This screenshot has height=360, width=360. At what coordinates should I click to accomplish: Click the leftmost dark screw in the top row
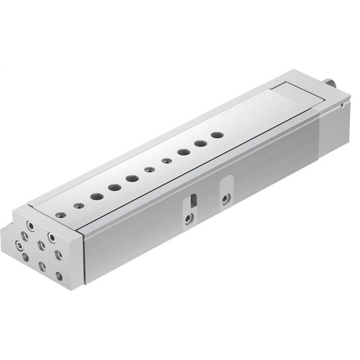point(60,215)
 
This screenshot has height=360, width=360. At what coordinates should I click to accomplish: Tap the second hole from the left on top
point(79,206)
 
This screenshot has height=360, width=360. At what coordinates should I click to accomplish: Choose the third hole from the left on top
point(96,197)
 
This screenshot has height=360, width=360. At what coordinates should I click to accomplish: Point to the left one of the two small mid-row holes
point(148,170)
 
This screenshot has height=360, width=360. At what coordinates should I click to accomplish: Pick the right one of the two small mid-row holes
point(166,161)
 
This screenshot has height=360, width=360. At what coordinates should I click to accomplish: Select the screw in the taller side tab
point(225,198)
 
